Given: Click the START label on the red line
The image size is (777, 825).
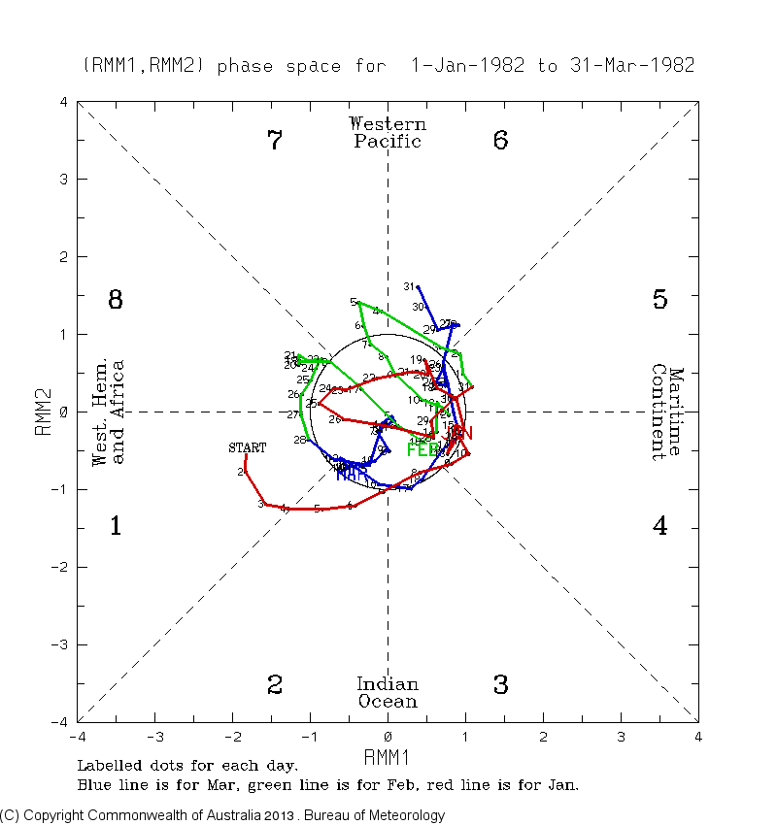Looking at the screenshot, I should pos(247,447).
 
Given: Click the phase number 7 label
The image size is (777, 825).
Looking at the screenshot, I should pos(275,141).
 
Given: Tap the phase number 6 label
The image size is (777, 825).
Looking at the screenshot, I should pos(500,141).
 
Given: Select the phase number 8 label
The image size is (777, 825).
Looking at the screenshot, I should pos(115,300).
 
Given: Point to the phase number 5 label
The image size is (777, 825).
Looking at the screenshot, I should pos(659,300).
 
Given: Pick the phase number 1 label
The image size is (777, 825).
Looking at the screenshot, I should pos(115,527).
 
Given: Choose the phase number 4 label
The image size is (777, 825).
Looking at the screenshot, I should pos(659,527).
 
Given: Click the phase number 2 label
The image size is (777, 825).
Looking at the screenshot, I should pos(275,685).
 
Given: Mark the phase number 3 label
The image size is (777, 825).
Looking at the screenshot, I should pos(500,685).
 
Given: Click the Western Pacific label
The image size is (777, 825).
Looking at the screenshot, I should pos(388,132).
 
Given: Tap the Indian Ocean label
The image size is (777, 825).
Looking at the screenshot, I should pos(388,693).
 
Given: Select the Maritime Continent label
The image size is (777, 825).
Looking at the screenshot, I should pos(667,412).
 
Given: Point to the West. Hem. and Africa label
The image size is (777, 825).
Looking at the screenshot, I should pos(108,412).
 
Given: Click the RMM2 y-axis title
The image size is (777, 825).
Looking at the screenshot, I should pos(44,412).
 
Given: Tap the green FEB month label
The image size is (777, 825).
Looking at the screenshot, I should pos(423,450).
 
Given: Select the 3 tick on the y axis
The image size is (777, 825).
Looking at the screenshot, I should pos(62,180).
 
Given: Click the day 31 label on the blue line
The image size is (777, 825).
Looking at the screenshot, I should pos(409,286).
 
